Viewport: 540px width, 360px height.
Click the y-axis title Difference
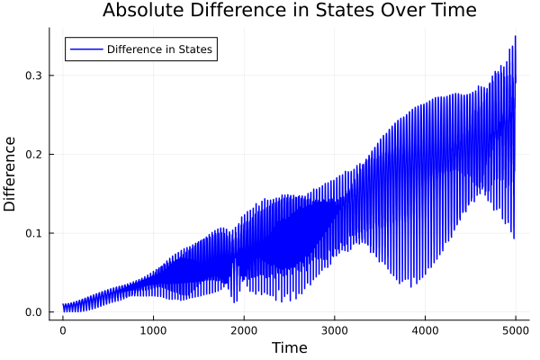11,174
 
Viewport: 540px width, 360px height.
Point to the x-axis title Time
289,347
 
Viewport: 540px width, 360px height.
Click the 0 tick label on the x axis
63,329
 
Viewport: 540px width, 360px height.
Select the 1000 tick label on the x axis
153,329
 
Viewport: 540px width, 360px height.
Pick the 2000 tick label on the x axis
244,329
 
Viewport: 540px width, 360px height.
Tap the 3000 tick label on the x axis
334,329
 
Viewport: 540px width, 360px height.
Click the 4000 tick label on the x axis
425,329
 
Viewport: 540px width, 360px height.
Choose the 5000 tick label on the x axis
515,329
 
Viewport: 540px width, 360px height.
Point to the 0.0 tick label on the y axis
33,312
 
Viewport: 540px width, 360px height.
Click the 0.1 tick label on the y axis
33,233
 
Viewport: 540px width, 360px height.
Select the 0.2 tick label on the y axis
33,154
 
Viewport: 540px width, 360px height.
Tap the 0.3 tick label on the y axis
33,76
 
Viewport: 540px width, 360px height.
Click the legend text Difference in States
159,49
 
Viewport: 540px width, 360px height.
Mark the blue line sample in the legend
86,49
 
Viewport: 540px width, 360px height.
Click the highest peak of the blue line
515,36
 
